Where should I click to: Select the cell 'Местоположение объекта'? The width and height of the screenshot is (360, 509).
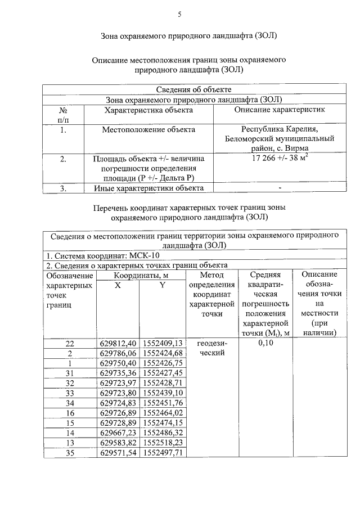(148, 129)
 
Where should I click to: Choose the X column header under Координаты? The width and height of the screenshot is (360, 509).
(118, 285)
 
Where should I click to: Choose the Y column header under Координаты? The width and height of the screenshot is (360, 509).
(163, 285)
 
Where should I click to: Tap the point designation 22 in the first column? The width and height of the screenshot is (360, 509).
(70, 343)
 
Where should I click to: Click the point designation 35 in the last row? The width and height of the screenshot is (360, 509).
(70, 452)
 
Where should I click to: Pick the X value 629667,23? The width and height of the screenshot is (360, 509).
(118, 433)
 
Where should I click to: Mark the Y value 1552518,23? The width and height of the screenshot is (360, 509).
(163, 443)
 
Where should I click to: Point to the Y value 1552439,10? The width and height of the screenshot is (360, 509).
(163, 393)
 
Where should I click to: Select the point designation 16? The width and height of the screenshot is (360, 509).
(70, 413)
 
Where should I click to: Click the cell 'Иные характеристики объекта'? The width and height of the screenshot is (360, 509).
(148, 188)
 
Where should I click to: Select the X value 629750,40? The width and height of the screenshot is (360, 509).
(118, 363)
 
